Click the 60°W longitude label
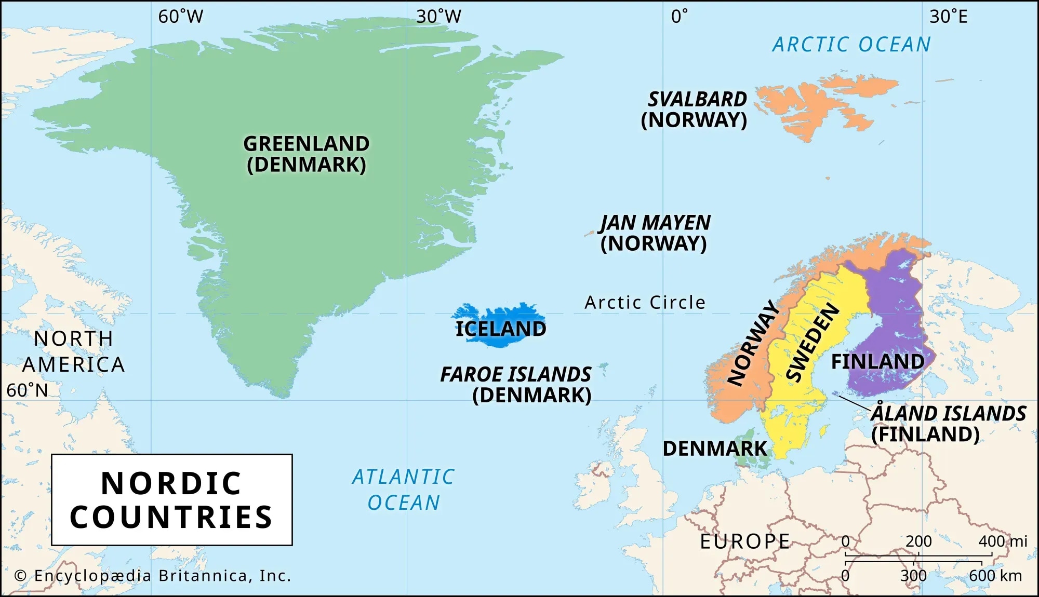tap(180, 17)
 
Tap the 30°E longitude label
tap(948, 17)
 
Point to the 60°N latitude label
tap(27, 390)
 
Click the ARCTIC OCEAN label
tap(851, 45)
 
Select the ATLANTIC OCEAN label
tap(404, 490)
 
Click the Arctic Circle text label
tap(645, 303)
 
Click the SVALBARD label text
tap(697, 99)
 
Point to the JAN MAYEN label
tap(655, 223)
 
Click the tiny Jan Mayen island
tap(590, 233)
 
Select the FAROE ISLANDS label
tap(515, 374)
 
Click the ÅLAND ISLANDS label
tap(948, 414)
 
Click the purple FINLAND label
tap(877, 361)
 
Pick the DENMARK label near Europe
tap(714, 449)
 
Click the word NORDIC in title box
tap(171, 483)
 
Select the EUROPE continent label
tap(745, 541)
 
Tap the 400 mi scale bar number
tap(1002, 541)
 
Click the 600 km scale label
tap(995, 576)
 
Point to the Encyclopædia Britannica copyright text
tap(153, 576)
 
